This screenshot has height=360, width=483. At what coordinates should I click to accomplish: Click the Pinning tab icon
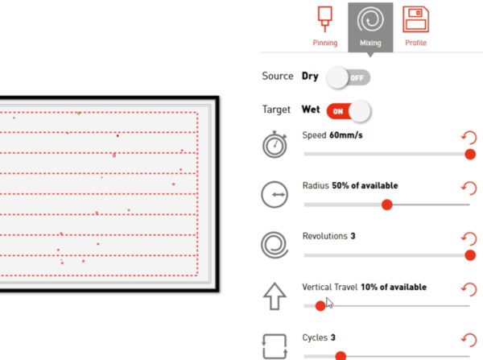(x=324, y=19)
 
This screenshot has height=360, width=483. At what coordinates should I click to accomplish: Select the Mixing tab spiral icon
(x=370, y=20)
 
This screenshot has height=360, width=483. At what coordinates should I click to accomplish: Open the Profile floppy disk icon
(x=415, y=19)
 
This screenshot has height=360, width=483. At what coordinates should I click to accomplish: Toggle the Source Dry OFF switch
(x=348, y=77)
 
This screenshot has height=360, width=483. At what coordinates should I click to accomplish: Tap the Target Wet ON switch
(x=349, y=111)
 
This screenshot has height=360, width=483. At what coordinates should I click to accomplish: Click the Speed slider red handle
(x=470, y=154)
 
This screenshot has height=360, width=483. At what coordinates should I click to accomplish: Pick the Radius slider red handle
(x=387, y=205)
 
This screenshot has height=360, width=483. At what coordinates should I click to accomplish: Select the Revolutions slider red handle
(x=470, y=255)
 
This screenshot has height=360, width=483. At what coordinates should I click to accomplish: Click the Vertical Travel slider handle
(x=320, y=306)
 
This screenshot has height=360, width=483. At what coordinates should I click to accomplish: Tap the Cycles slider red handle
(x=341, y=356)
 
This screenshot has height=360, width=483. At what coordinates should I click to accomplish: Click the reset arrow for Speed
(x=469, y=138)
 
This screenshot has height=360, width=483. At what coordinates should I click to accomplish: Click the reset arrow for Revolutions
(x=469, y=238)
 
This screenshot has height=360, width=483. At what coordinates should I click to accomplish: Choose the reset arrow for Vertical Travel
(x=469, y=289)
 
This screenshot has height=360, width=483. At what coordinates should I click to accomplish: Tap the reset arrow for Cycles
(x=469, y=340)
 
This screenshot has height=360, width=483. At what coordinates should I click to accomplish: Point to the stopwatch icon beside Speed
(x=275, y=144)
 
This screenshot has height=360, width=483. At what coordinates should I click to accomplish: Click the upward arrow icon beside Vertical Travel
(x=275, y=296)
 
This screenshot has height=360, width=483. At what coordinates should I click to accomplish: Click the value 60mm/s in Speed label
(x=346, y=135)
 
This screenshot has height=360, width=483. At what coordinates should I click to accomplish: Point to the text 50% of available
(x=365, y=185)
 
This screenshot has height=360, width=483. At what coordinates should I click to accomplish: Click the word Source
(x=278, y=76)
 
